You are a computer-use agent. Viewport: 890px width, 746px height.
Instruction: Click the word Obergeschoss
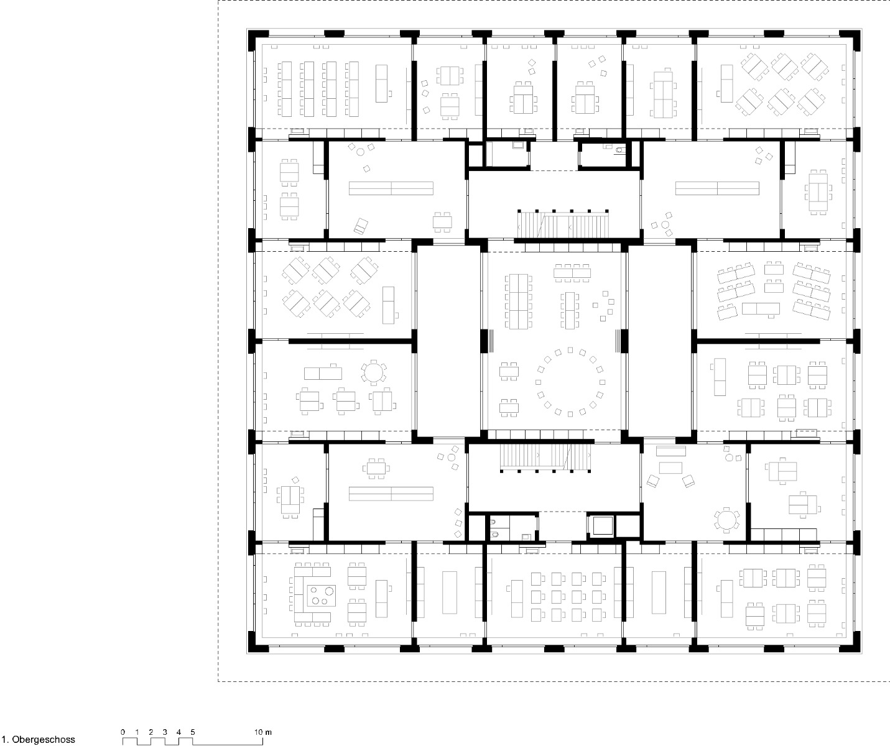click(45, 740)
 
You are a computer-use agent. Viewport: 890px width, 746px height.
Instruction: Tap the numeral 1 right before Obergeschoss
click(4, 740)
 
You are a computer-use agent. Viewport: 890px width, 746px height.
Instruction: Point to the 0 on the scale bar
click(123, 732)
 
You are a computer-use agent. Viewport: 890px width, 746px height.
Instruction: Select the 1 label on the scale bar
click(137, 732)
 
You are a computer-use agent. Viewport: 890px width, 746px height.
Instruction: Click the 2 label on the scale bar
click(151, 732)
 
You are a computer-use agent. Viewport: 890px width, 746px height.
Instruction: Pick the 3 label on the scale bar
click(165, 732)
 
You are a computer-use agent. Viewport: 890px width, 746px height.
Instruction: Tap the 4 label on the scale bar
click(178, 732)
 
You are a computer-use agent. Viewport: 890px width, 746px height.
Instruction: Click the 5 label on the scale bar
click(193, 732)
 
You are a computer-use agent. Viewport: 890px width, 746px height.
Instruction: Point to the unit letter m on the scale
click(269, 732)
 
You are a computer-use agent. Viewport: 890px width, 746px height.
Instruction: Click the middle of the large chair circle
click(570, 382)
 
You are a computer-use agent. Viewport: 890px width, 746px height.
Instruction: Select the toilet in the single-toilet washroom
click(619, 150)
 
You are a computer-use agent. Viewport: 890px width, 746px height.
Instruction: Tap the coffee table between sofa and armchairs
click(671, 466)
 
